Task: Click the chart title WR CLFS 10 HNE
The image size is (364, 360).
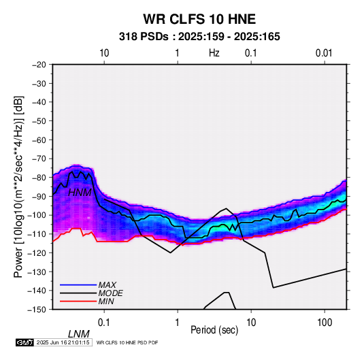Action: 199,19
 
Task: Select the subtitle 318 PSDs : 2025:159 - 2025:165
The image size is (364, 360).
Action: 199,37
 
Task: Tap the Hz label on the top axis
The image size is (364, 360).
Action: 214,53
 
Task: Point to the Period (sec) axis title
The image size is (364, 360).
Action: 214,329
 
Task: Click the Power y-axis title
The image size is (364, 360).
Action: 18,186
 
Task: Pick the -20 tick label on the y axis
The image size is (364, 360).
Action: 39,65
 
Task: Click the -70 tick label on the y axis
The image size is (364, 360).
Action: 39,159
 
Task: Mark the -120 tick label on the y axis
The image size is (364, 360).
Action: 37,252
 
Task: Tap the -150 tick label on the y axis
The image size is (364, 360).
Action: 37,310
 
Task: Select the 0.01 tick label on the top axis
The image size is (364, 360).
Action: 324,53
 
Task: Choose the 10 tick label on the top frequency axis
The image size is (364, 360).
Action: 104,53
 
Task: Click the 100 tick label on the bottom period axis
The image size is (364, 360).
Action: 325,323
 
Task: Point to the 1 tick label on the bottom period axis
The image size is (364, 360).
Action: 178,323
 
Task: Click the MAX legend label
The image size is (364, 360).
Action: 107,285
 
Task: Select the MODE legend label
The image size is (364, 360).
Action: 110,293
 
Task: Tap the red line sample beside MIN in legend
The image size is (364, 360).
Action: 78,301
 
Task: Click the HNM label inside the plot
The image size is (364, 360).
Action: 80,193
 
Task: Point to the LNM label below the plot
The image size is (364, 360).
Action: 78,334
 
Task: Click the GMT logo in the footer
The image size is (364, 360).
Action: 24,342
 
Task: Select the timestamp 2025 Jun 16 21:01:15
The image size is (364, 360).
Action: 63,342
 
